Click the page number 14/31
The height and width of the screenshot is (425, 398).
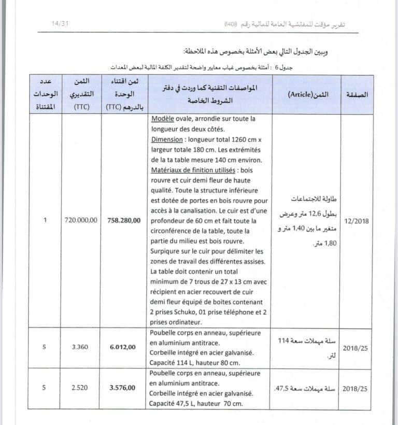pos(61,24)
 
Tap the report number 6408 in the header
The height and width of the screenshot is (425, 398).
pos(231,24)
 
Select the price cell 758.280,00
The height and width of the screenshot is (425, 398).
pos(124,220)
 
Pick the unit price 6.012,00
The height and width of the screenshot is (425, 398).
pos(124,347)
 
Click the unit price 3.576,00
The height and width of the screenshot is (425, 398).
pos(124,388)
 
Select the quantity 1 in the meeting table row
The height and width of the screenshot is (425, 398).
pos(45,220)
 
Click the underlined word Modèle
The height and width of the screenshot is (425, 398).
pos(162,119)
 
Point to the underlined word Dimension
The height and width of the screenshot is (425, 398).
pos(167,139)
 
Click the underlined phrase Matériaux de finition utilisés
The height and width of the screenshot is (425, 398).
pos(191,170)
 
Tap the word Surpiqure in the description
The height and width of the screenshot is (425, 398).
pos(166,251)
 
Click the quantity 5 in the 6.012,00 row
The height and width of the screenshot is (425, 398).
pos(45,347)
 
